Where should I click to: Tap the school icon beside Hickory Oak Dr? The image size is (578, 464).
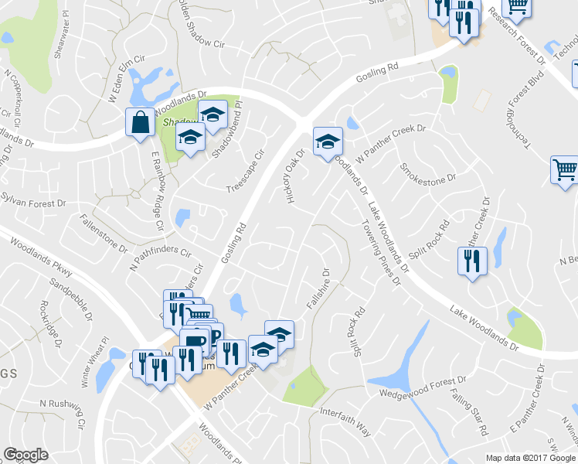point(328,142)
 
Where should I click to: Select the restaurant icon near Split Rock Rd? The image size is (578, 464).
point(471,261)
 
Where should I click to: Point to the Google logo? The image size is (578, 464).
point(26,455)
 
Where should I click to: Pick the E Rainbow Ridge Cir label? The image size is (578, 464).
point(158,191)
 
